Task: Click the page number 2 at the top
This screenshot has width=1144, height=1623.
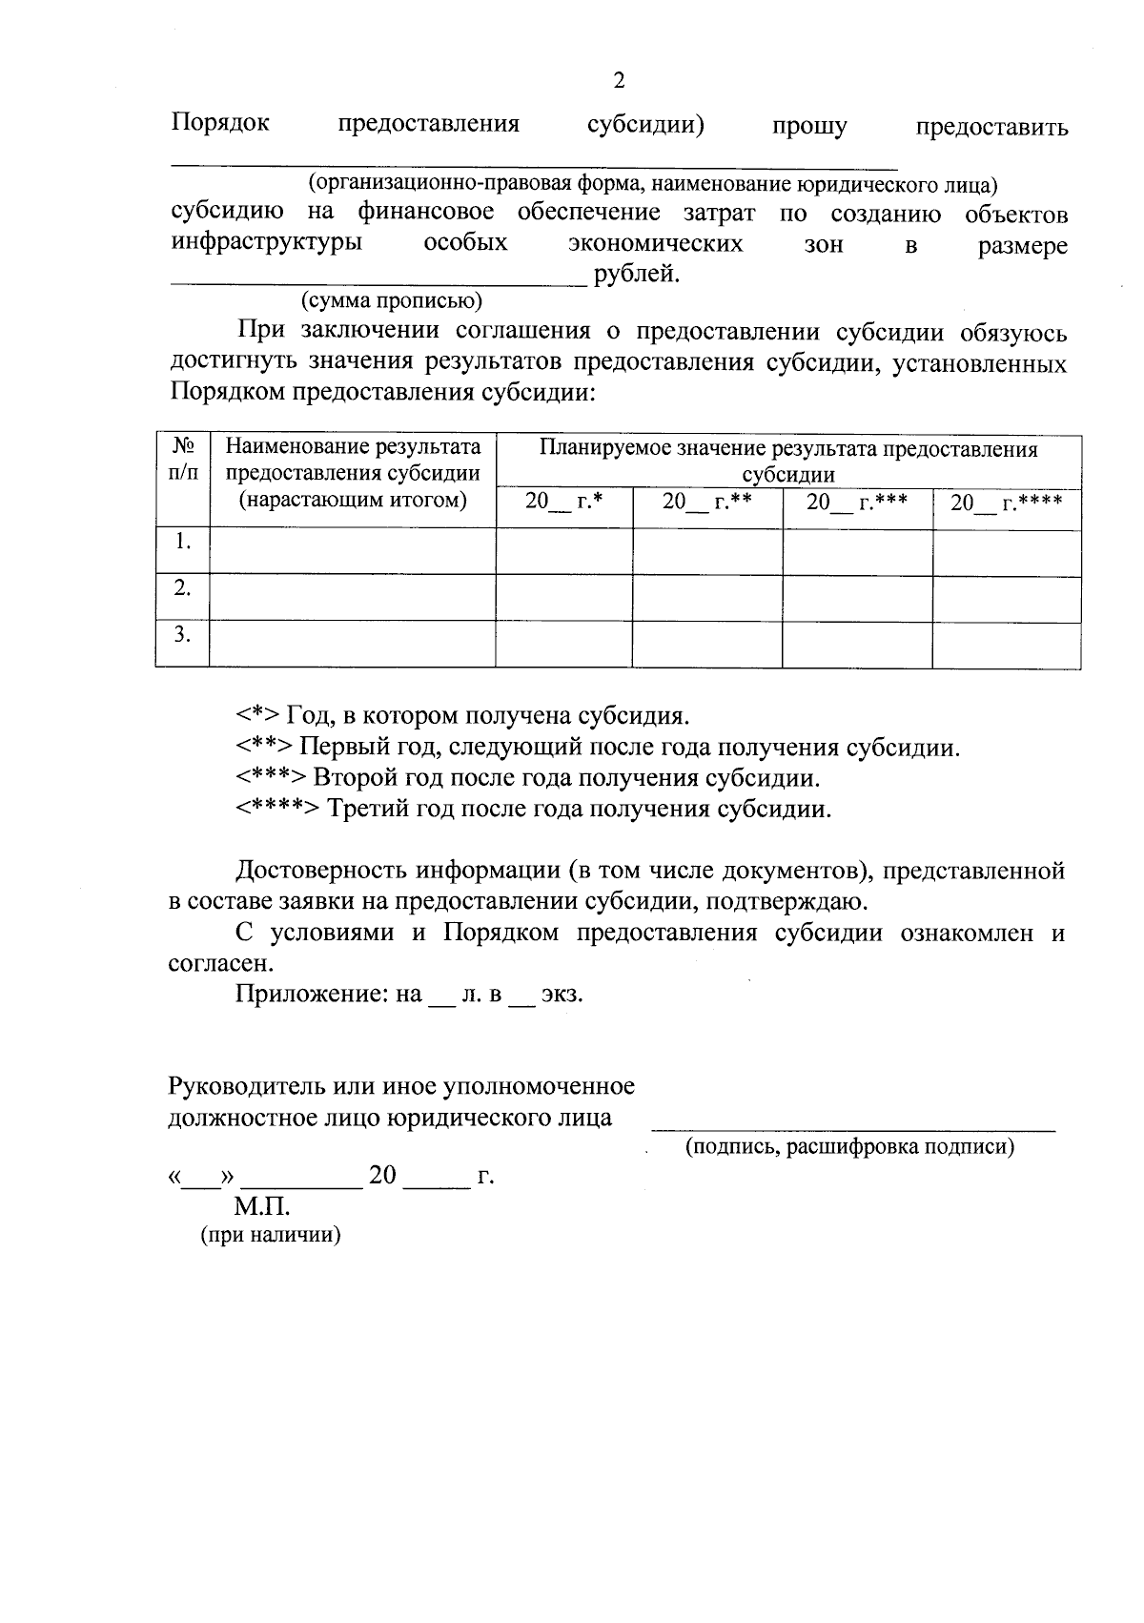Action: click(618, 81)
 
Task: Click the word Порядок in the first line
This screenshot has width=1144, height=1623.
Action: click(220, 124)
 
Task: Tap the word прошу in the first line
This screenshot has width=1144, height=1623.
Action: click(809, 127)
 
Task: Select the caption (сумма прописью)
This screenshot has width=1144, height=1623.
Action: click(392, 302)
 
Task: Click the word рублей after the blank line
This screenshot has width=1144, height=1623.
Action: click(637, 276)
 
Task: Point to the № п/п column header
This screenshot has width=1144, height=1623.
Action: click(183, 459)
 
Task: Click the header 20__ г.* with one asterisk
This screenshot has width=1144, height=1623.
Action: click(564, 502)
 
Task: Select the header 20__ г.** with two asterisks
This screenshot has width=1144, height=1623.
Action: click(707, 502)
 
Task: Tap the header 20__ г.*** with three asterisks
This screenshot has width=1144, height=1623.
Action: click(856, 502)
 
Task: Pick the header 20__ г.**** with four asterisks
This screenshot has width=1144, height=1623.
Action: click(1006, 502)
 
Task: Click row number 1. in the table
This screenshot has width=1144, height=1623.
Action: click(183, 542)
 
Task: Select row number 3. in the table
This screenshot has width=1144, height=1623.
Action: click(183, 634)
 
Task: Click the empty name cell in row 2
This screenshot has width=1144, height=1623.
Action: click(352, 597)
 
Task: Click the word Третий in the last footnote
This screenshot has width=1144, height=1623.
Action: click(367, 810)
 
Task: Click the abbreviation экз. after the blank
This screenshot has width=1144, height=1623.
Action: click(562, 994)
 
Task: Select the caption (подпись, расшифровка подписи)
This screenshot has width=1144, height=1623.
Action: click(849, 1147)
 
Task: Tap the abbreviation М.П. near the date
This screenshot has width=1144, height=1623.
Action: click(262, 1207)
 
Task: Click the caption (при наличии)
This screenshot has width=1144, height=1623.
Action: click(271, 1236)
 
